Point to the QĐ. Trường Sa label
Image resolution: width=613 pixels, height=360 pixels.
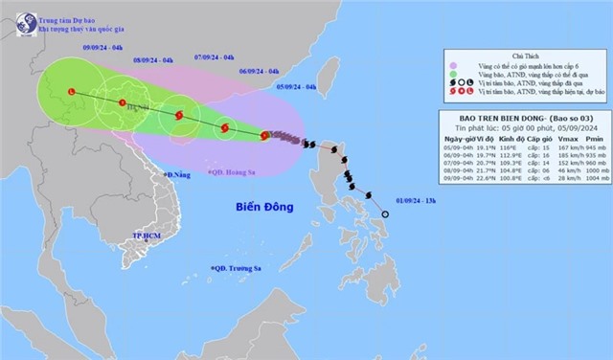[x=240, y=267]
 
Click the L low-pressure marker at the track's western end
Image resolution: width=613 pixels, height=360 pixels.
[x=71, y=92]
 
